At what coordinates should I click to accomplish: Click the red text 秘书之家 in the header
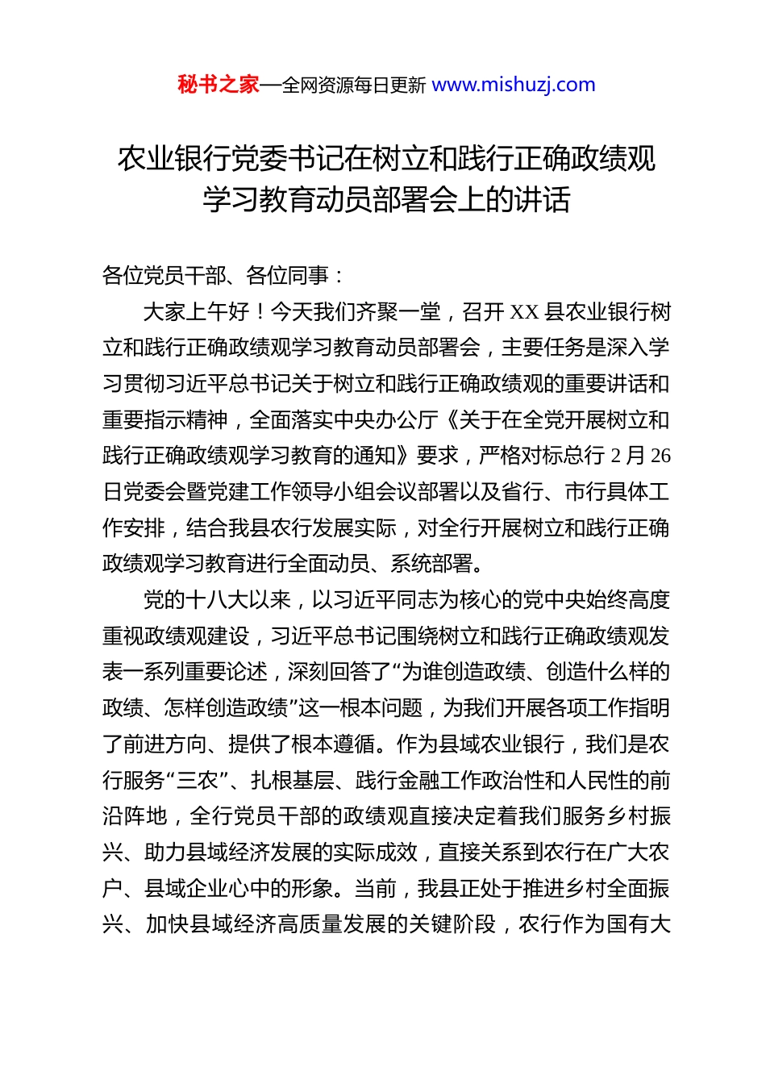pyautogui.click(x=218, y=85)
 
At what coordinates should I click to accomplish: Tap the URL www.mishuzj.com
pyautogui.click(x=514, y=85)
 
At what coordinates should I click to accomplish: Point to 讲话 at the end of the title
pyautogui.click(x=542, y=200)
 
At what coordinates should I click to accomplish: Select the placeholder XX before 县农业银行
pyautogui.click(x=525, y=312)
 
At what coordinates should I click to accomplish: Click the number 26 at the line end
pyautogui.click(x=660, y=457)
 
